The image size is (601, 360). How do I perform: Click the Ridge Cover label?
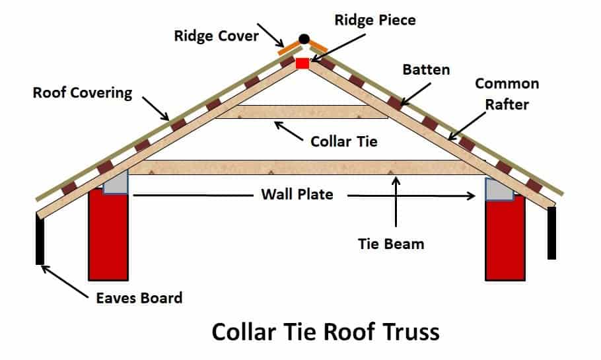pos(216,36)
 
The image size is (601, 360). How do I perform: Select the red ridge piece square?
pos(302,63)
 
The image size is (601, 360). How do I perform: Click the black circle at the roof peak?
pos(304,39)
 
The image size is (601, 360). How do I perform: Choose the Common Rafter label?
pos(507,92)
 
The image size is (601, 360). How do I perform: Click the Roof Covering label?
pos(83,92)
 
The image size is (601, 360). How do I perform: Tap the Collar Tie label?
pos(344,141)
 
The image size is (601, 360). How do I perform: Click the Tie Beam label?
pos(391,243)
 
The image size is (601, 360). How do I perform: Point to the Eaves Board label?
pos(137,297)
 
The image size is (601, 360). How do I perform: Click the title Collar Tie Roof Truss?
pos(326,332)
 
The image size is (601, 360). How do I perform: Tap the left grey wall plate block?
pos(115,183)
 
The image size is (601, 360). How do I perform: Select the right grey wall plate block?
pos(499,189)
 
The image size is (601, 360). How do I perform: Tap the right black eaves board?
pos(551,233)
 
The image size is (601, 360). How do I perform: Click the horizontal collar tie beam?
pos(302,112)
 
